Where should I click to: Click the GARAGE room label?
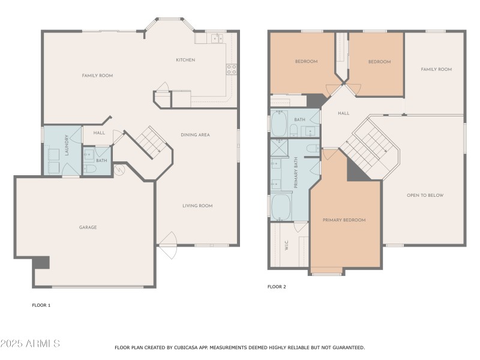tap(88, 227)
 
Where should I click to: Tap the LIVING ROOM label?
tap(197, 206)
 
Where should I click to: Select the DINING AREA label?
tap(195, 135)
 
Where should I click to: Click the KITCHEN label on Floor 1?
tap(185, 60)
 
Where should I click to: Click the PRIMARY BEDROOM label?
tap(344, 220)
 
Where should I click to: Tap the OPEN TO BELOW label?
tap(425, 196)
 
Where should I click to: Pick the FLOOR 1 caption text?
tap(41, 305)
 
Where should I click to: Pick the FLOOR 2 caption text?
tap(277, 287)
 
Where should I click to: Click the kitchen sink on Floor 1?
tap(217, 39)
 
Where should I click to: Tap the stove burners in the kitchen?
tap(231, 69)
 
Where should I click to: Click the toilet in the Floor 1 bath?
tap(89, 169)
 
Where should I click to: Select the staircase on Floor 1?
tap(147, 143)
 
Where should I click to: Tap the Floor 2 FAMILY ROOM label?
tap(436, 70)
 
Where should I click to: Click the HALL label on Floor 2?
tap(343, 113)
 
